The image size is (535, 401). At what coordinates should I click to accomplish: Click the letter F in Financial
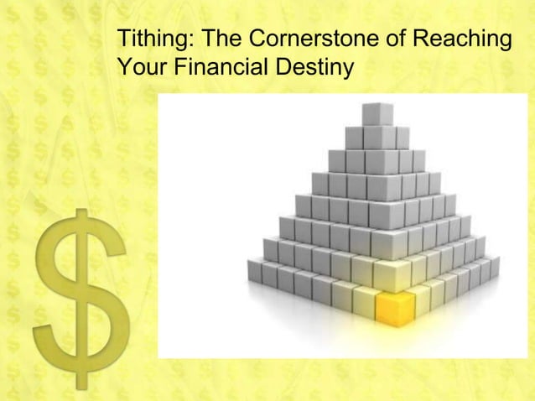(179, 64)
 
